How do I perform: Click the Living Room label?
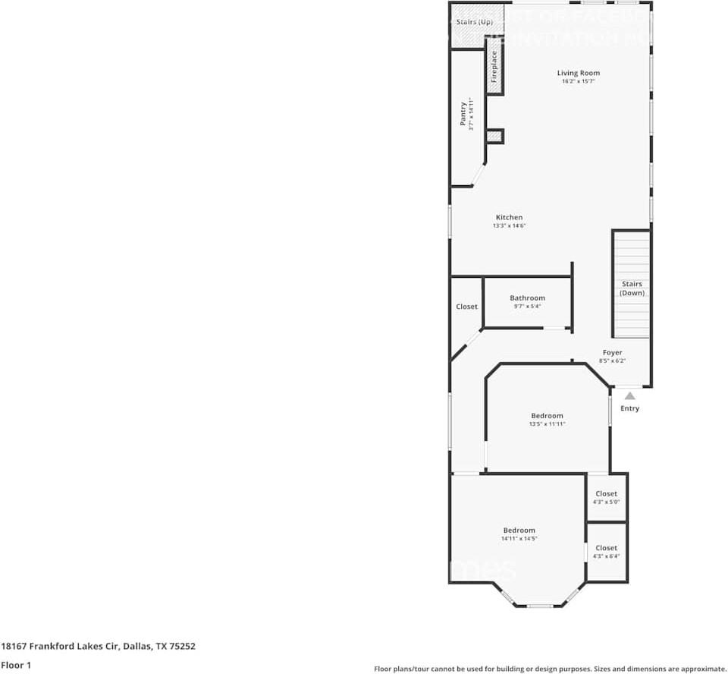click(x=578, y=73)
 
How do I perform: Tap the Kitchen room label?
click(x=509, y=217)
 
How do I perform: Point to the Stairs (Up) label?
click(x=475, y=22)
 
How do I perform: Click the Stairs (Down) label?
click(x=632, y=288)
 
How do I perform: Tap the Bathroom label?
click(x=527, y=298)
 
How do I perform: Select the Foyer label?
click(x=612, y=353)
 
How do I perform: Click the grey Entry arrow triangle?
click(x=629, y=395)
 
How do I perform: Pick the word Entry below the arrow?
click(x=629, y=408)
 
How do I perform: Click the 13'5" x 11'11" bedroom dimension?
click(x=547, y=424)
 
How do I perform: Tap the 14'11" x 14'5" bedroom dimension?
click(x=519, y=539)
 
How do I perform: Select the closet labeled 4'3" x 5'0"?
click(x=606, y=498)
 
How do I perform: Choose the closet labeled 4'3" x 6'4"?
click(x=606, y=552)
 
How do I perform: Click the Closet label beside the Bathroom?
click(x=466, y=307)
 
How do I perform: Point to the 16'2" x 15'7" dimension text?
click(x=578, y=81)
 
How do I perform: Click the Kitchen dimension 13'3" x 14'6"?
click(x=509, y=225)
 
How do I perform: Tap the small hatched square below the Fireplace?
click(x=494, y=137)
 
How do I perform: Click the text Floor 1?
click(x=16, y=665)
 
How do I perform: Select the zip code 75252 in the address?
click(x=183, y=647)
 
